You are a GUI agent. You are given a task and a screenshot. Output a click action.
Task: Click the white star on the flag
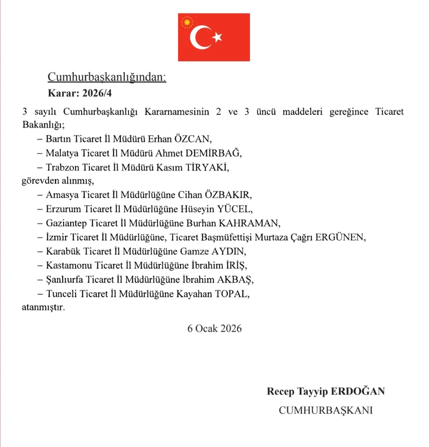[x=217, y=37]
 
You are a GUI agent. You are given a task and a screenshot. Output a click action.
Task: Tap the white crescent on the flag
[x=201, y=37]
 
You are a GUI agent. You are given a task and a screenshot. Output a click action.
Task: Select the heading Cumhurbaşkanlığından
[x=107, y=76]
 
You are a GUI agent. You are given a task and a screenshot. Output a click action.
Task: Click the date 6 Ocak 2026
[x=215, y=328]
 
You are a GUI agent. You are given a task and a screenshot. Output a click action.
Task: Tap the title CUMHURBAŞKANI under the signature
[x=326, y=410]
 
